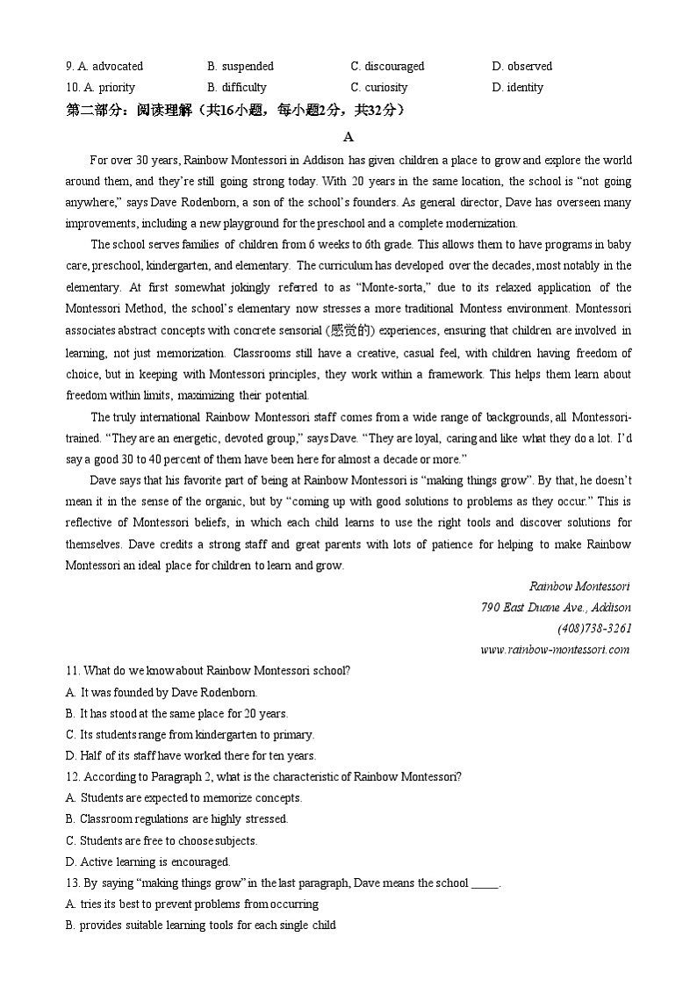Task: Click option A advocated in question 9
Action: pos(104,66)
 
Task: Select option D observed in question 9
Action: pos(522,66)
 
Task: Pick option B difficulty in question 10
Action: pos(237,87)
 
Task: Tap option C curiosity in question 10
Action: pos(379,87)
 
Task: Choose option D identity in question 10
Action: pos(518,87)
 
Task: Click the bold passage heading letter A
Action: pos(348,136)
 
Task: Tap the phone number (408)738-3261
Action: pos(593,628)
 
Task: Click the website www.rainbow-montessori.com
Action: pos(555,650)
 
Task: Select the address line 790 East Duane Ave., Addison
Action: pos(556,607)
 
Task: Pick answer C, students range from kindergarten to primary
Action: pos(190,734)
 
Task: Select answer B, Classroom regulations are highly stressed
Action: pos(176,819)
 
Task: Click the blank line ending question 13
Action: pos(485,883)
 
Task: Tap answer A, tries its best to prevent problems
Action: pos(191,904)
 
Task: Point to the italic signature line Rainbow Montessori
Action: pos(579,586)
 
